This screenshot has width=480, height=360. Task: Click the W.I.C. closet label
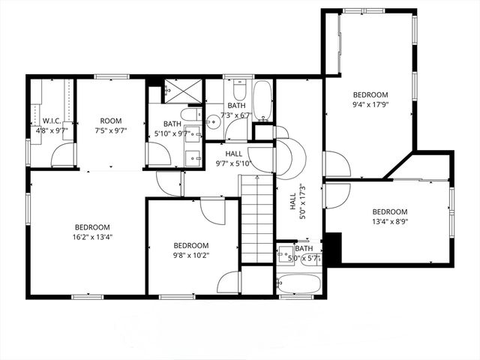click(52, 125)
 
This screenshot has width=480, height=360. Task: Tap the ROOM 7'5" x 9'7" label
click(111, 125)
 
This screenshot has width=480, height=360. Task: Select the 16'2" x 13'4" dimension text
click(92, 237)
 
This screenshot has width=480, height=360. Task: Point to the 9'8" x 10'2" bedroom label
click(190, 250)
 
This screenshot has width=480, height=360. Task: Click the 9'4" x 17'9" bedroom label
click(370, 100)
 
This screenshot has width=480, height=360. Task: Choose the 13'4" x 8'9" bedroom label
click(389, 216)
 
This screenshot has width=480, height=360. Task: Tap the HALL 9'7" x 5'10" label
click(232, 158)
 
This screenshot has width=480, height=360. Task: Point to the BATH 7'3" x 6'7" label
click(237, 110)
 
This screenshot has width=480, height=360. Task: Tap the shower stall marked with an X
click(183, 90)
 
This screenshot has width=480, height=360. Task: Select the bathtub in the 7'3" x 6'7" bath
click(262, 100)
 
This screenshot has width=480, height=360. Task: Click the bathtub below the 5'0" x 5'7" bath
click(299, 284)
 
